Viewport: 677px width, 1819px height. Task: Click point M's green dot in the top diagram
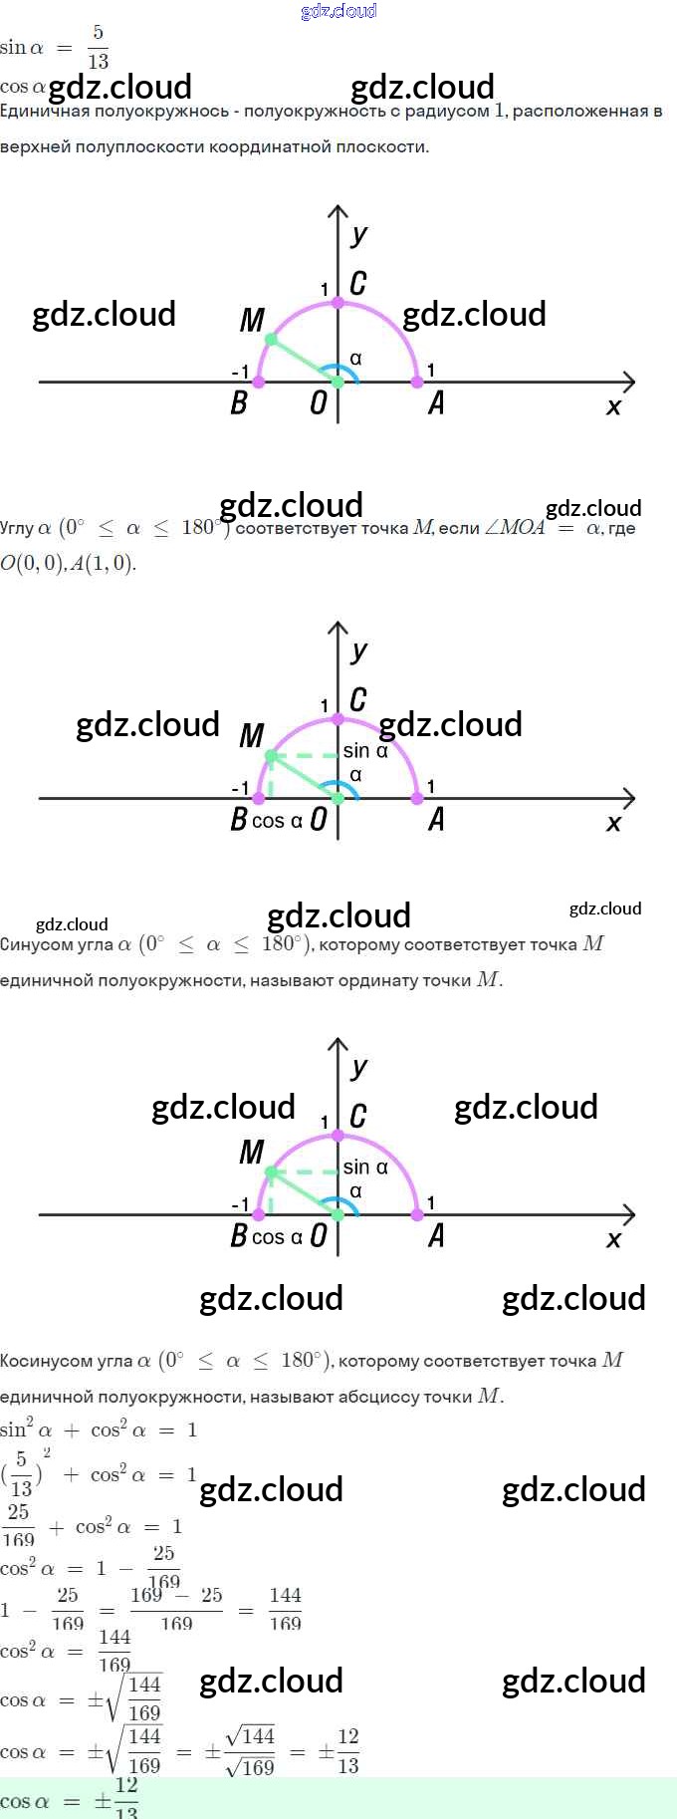point(271,340)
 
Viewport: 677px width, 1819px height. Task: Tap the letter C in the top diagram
point(358,284)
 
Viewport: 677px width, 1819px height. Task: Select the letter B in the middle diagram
point(239,819)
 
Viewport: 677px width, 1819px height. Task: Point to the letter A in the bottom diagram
point(436,1236)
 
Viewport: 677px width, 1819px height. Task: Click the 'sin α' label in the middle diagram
point(365,751)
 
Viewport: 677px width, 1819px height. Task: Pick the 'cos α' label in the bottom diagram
point(277,1237)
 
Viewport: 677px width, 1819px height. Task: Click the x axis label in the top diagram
point(613,406)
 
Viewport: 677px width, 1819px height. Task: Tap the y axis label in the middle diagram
point(359,651)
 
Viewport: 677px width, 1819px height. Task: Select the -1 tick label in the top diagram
point(240,372)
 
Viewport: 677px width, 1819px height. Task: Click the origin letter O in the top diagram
point(319,402)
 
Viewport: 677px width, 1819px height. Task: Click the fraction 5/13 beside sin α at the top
point(98,47)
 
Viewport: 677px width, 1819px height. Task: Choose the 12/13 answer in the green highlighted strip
point(126,1799)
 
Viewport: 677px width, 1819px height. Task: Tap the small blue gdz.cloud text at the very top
point(338,11)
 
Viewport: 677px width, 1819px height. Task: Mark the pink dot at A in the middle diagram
point(417,798)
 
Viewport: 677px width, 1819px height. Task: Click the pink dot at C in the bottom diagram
point(338,1135)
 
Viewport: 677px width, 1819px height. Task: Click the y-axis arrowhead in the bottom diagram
point(338,1045)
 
